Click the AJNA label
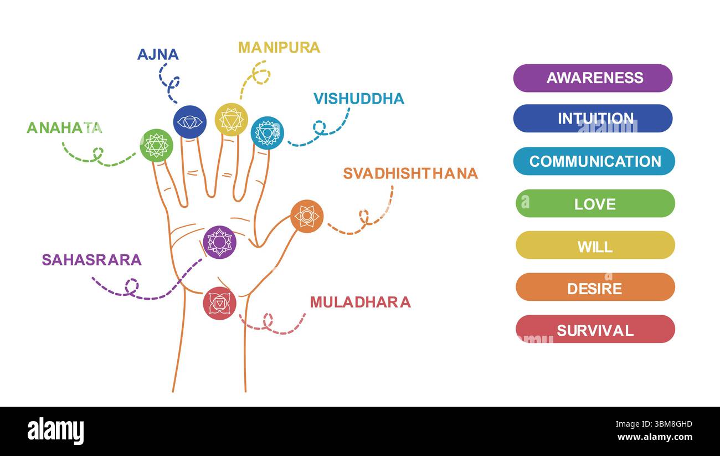(158, 54)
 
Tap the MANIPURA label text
(279, 48)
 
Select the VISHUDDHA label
(358, 99)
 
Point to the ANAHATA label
(64, 127)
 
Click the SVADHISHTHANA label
(410, 173)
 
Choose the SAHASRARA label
(91, 260)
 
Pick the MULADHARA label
(360, 302)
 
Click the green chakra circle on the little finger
(156, 145)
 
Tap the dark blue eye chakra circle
(189, 122)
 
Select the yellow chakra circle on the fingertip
(231, 119)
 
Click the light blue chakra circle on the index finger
(267, 133)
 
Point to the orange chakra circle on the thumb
(307, 216)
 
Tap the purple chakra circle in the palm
(219, 242)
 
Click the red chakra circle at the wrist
(219, 303)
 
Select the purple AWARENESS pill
(593, 78)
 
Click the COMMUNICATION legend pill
(594, 161)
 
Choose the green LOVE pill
(595, 203)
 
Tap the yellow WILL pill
(595, 245)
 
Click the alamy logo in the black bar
(55, 431)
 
